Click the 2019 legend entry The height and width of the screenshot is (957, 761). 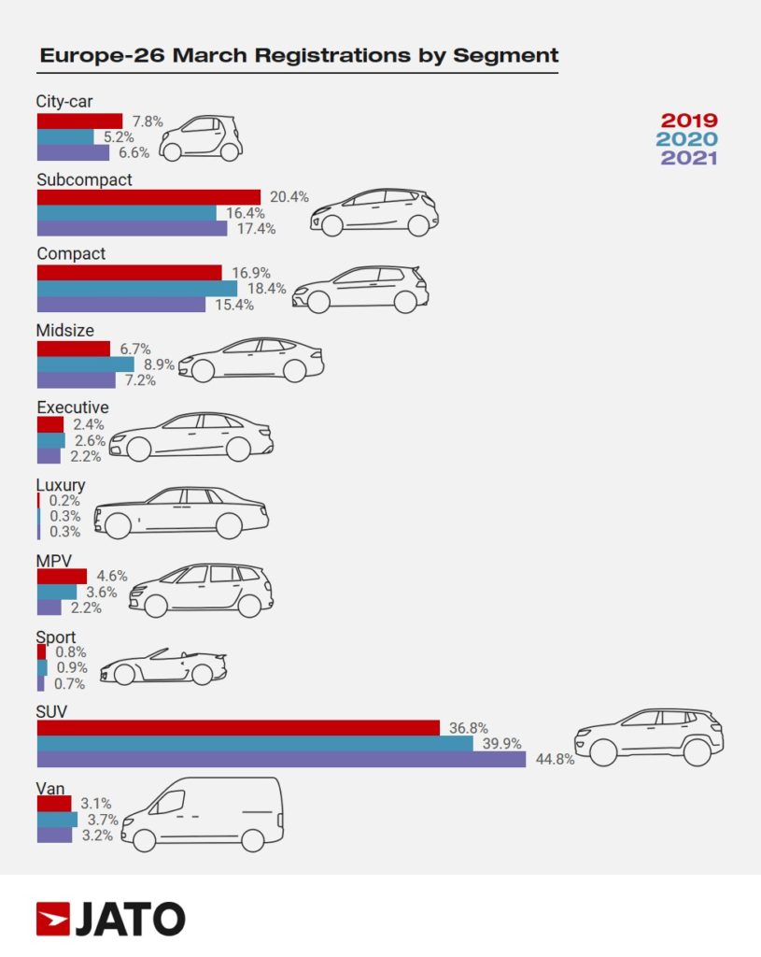[689, 121]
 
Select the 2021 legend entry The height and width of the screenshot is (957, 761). [689, 158]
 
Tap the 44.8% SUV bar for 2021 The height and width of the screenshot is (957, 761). [281, 759]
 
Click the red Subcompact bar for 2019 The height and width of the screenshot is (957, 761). [148, 196]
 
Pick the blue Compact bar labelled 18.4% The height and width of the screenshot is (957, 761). [136, 289]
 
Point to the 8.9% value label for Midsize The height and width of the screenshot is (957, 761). [159, 364]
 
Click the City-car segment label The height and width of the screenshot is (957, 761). [64, 102]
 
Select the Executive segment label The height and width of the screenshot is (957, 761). [73, 407]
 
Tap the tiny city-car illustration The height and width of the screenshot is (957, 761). [201, 137]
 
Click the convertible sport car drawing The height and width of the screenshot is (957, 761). [163, 666]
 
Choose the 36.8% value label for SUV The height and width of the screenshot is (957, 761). [470, 727]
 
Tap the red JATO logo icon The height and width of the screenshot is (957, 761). [52, 920]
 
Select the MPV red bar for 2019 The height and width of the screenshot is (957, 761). [62, 576]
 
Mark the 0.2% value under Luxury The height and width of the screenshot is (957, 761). [65, 500]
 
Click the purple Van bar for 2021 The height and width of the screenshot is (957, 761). [54, 836]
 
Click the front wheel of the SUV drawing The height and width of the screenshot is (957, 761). [603, 751]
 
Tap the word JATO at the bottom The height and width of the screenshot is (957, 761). [130, 920]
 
